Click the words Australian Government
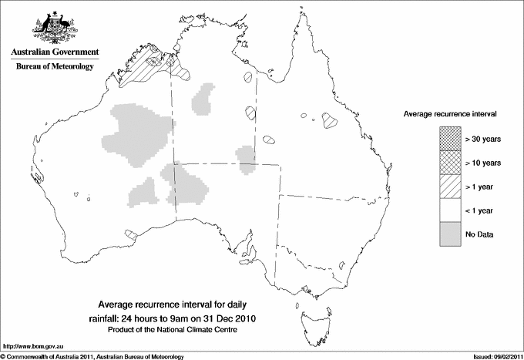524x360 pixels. click(55, 52)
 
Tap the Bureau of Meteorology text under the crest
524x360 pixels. click(55, 67)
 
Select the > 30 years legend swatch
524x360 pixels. click(451, 140)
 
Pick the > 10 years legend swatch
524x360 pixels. click(451, 163)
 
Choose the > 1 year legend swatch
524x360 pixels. click(451, 187)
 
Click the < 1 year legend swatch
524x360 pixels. click(451, 210)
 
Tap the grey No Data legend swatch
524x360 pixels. click(451, 233)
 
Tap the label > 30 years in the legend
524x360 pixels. click(483, 140)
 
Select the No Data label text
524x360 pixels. click(479, 233)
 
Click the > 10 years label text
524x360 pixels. click(483, 163)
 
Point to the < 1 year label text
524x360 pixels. click(480, 210)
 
